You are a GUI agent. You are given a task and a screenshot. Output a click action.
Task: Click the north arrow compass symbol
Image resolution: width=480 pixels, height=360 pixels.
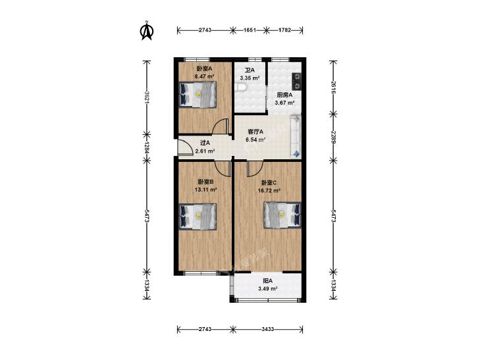pyautogui.click(x=147, y=31)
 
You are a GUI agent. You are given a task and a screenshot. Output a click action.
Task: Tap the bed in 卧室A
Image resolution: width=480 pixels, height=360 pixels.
pyautogui.click(x=198, y=94)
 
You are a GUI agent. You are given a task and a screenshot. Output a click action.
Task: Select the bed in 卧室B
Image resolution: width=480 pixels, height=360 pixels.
pyautogui.click(x=198, y=217)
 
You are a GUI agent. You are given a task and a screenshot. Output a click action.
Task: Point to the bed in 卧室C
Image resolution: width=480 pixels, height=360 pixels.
pyautogui.click(x=282, y=215)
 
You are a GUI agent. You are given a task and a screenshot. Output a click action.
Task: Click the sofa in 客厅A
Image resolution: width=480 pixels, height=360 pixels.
pyautogui.click(x=296, y=136)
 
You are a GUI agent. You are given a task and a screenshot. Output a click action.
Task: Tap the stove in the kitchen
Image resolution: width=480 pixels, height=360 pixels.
pyautogui.click(x=296, y=81)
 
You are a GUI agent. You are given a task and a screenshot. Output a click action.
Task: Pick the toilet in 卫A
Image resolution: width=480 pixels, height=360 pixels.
pyautogui.click(x=240, y=88)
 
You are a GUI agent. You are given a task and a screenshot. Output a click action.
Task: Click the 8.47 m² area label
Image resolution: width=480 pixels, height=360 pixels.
pyautogui.click(x=204, y=77)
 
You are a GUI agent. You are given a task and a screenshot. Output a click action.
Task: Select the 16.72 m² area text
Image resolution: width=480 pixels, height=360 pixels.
pyautogui.click(x=269, y=191)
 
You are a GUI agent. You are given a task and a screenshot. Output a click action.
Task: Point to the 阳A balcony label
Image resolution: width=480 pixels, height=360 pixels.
pyautogui.click(x=268, y=281)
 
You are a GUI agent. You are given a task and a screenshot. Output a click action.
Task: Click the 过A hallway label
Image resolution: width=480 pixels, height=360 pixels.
pyautogui.click(x=205, y=143)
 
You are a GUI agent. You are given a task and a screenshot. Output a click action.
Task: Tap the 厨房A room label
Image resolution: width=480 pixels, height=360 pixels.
pyautogui.click(x=284, y=95)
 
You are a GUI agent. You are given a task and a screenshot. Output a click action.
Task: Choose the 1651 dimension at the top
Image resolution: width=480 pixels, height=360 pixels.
pyautogui.click(x=250, y=30)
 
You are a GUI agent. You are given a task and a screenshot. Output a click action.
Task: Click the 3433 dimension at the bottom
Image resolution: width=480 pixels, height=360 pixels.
pyautogui.click(x=268, y=329)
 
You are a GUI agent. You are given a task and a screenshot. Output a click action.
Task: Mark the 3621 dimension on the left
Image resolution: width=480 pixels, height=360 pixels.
pyautogui.click(x=147, y=97)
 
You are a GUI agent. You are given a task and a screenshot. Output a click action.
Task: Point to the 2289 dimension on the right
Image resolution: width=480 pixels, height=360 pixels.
pyautogui.click(x=333, y=137)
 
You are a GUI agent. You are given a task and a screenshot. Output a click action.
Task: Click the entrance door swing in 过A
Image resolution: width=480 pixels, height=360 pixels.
pyautogui.click(x=185, y=147)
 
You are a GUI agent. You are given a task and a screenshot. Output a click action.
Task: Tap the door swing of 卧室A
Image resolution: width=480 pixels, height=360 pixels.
pyautogui.click(x=221, y=126)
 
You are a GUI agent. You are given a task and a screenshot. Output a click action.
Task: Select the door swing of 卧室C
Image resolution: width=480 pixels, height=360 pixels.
pyautogui.click(x=255, y=169)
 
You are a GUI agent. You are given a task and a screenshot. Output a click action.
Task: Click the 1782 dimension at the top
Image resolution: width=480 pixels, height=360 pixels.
pyautogui.click(x=284, y=30)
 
